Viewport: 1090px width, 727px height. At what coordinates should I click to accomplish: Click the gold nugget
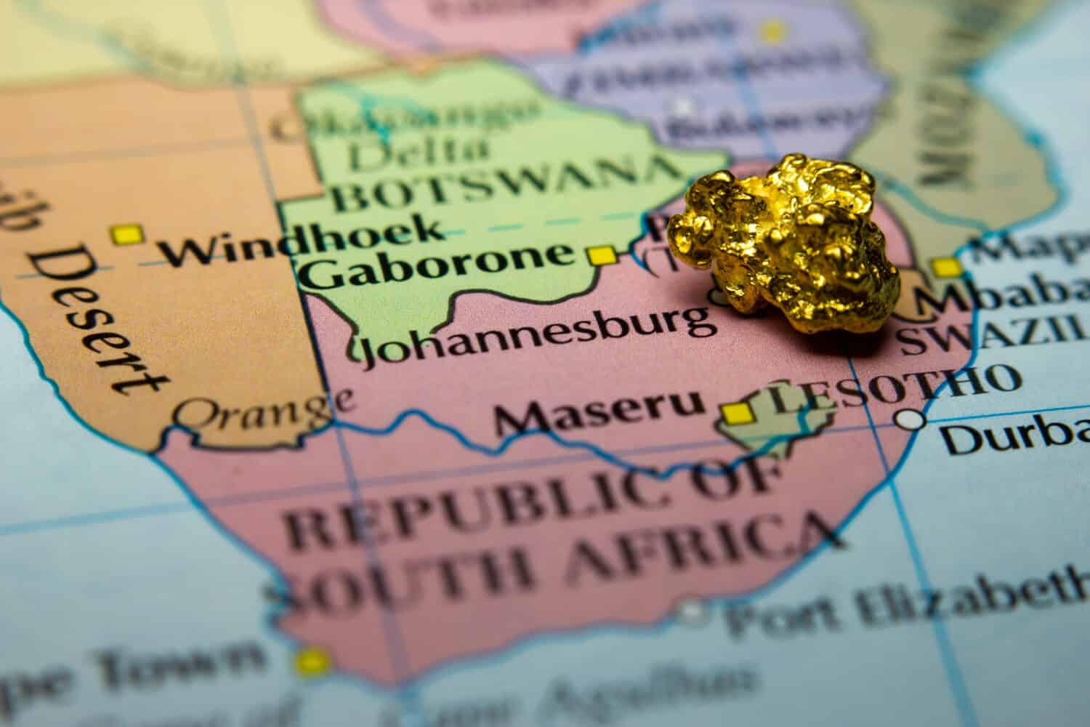click(785, 247)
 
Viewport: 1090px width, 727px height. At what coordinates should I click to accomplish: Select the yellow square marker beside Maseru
click(737, 413)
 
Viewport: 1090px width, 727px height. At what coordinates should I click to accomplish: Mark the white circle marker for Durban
click(910, 419)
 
